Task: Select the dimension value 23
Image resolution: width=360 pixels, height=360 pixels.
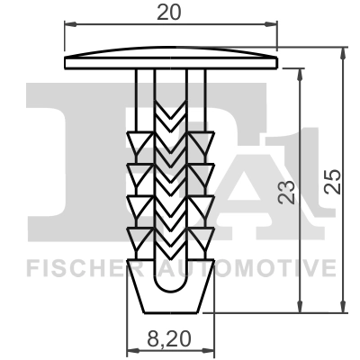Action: click(287, 191)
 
